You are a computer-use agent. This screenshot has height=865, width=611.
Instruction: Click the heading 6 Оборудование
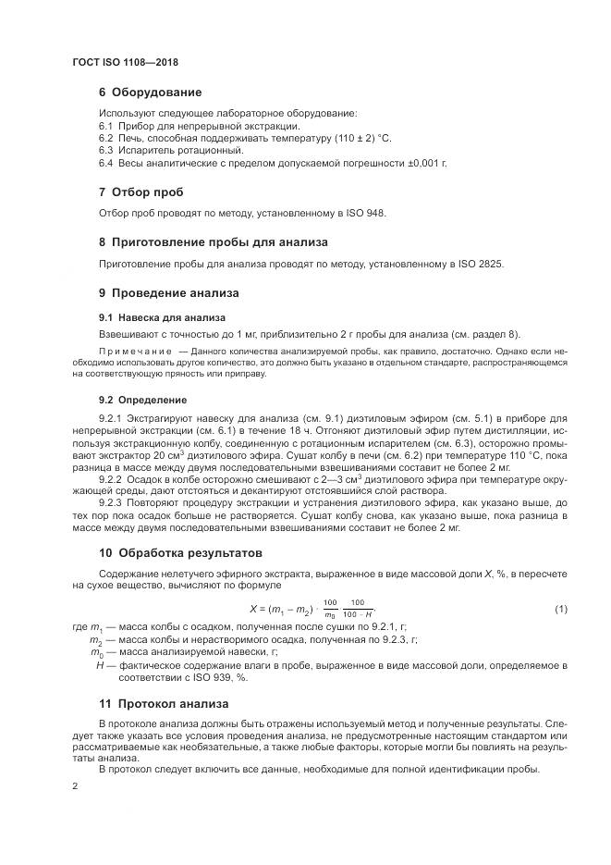click(x=150, y=93)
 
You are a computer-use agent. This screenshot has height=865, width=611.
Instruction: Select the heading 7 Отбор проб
click(x=141, y=192)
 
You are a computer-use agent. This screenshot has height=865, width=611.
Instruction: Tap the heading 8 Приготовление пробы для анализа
click(x=213, y=242)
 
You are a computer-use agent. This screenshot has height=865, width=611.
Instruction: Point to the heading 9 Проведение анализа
click(x=168, y=293)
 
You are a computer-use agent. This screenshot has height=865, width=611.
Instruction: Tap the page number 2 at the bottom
click(x=75, y=785)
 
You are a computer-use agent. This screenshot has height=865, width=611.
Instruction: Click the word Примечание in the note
click(x=135, y=352)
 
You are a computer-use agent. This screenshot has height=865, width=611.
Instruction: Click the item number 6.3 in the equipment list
click(x=105, y=150)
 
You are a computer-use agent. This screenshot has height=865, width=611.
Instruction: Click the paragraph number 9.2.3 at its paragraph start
click(x=110, y=503)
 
